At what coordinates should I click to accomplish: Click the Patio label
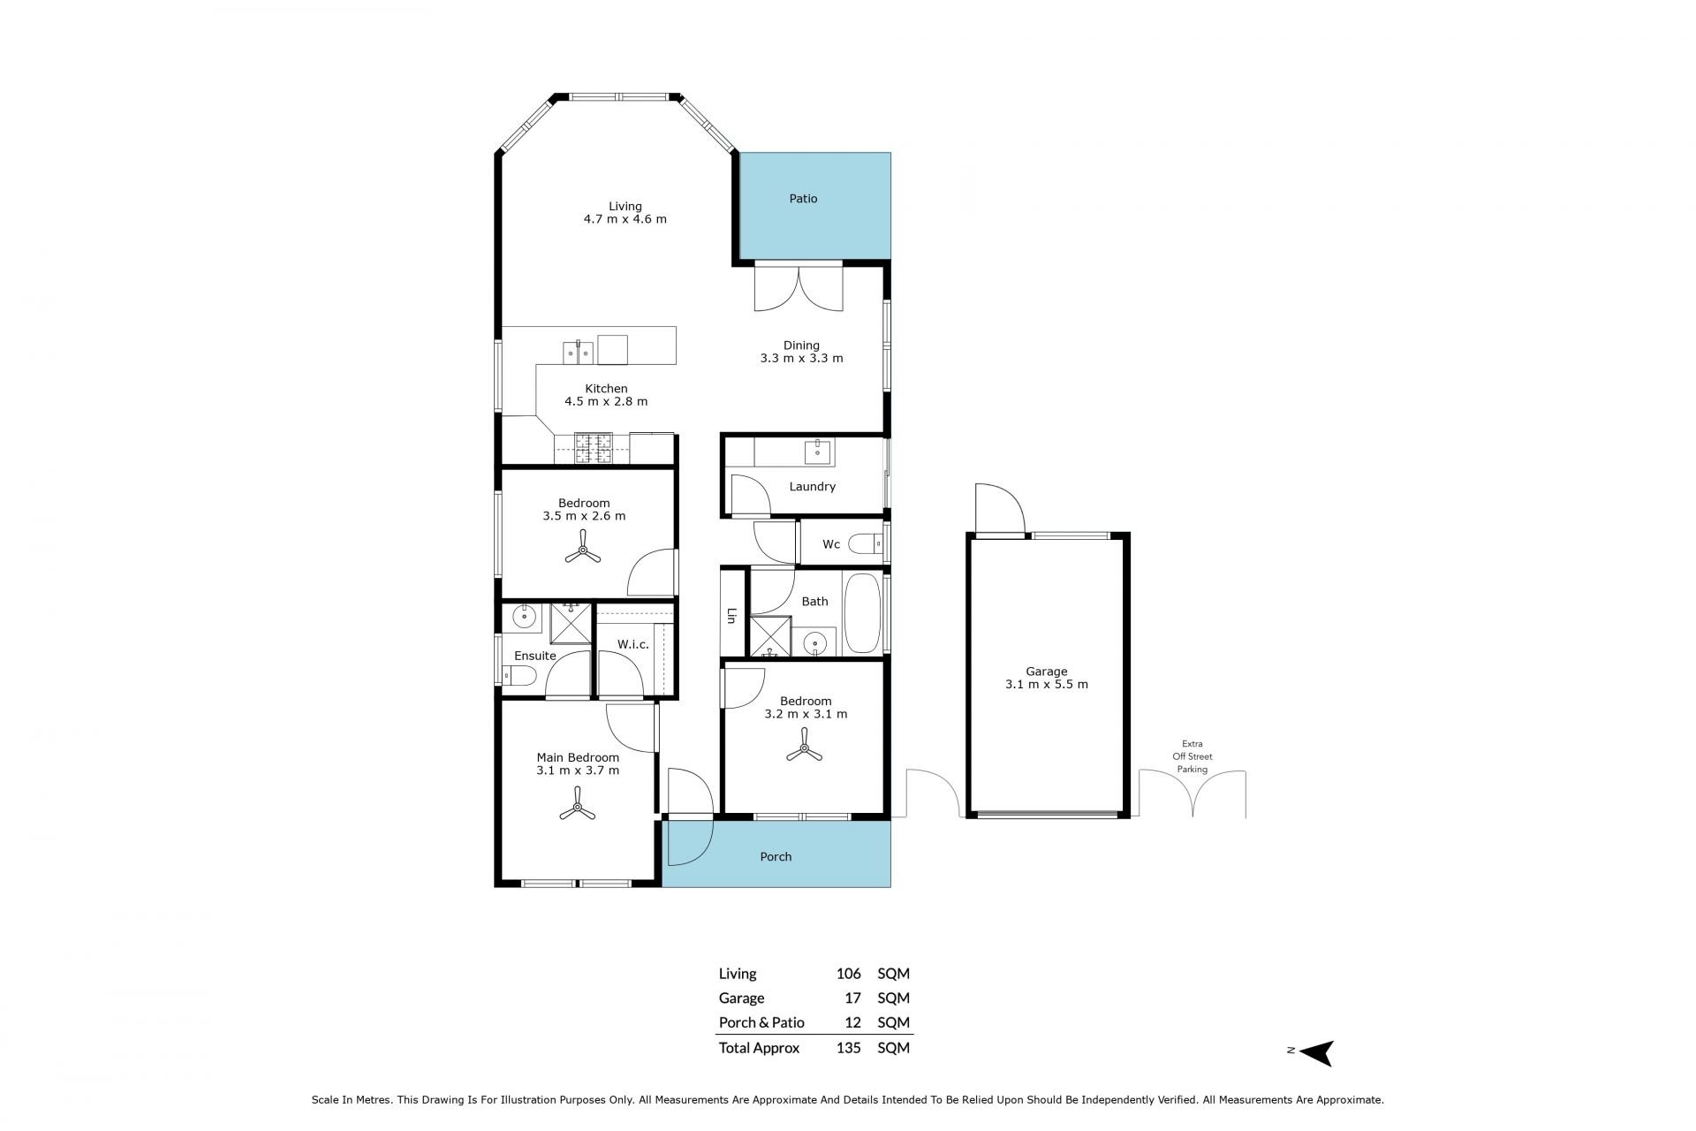pos(803,199)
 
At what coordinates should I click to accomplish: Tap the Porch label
pos(776,856)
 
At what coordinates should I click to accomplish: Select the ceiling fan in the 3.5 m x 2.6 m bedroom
pos(583,552)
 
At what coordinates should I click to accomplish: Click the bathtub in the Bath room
pos(862,614)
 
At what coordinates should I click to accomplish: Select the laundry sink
pos(819,452)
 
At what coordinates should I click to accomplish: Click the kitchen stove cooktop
pos(593,447)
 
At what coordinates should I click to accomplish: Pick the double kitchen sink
pos(578,351)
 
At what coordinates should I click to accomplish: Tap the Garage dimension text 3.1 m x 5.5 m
pos(1047,685)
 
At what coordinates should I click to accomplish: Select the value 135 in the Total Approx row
pos(848,1048)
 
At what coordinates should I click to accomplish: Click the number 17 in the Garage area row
pos(852,998)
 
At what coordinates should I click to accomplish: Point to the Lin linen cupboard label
pos(731,615)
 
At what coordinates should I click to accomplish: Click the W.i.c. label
pos(633,644)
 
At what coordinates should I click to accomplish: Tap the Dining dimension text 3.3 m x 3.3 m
pos(801,359)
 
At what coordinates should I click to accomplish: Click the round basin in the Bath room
pos(815,642)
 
